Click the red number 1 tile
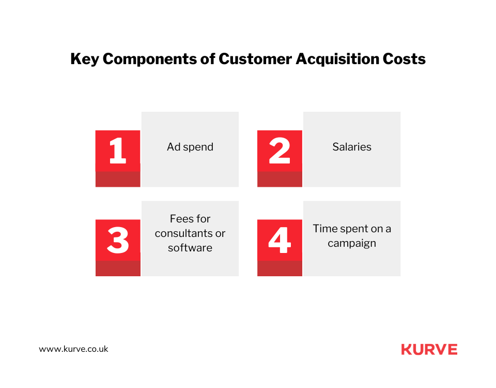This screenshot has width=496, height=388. coord(118,151)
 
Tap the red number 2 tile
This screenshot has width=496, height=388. coord(280,151)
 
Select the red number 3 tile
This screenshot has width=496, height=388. coord(118,240)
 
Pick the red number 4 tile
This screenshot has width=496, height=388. coord(280,240)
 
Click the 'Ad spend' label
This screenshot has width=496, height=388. coord(190,147)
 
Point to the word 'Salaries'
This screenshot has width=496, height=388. coord(352,147)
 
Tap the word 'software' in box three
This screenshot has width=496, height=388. coord(190,248)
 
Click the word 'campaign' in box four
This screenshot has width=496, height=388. coord(352,243)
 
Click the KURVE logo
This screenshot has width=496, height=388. coord(429,350)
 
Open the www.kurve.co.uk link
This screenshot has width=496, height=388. coord(74,349)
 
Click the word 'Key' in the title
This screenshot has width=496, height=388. coord(84,59)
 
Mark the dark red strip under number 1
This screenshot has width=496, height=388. coord(118,179)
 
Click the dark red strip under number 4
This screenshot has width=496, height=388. coord(280,268)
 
